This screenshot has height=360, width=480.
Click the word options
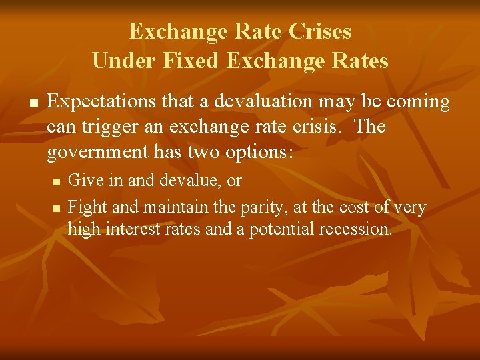pos(260,152)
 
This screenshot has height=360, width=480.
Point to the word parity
pos(261,208)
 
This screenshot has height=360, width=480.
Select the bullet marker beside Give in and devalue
pos(56,181)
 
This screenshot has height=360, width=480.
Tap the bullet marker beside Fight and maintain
pos(56,209)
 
